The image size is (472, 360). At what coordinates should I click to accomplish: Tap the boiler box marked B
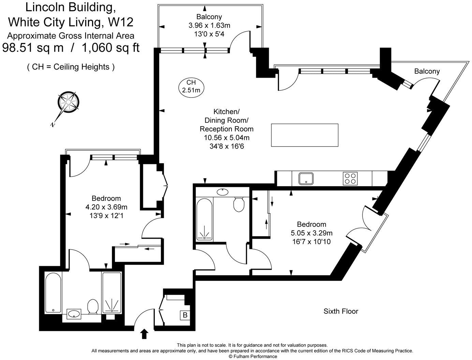(185, 315)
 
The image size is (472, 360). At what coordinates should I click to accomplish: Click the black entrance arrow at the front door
(144, 334)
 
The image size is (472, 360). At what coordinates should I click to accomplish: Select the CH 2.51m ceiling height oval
(191, 86)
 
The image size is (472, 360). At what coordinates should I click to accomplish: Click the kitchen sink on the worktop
(306, 179)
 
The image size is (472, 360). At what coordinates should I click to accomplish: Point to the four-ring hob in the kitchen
(350, 178)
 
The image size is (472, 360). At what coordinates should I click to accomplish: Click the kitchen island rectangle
(305, 135)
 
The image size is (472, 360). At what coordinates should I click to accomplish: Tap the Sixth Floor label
(341, 311)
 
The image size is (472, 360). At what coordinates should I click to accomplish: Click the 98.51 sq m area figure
(33, 47)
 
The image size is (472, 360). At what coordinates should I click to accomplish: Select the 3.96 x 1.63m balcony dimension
(209, 25)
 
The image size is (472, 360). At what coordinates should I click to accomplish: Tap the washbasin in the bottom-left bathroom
(74, 315)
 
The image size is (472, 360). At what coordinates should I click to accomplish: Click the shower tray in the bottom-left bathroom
(112, 292)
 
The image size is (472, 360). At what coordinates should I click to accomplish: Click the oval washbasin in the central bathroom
(223, 192)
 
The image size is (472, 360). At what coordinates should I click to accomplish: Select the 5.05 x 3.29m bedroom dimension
(312, 233)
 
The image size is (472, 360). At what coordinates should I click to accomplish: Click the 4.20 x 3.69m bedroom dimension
(106, 207)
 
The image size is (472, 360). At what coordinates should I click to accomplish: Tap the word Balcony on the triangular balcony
(427, 71)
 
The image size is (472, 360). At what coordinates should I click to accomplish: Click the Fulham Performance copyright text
(253, 357)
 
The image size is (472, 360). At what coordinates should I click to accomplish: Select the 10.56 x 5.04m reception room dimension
(227, 137)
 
